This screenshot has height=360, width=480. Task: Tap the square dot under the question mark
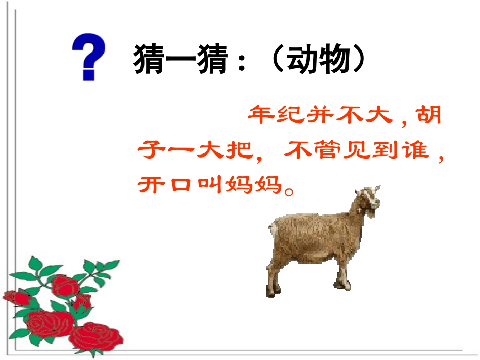click(x=89, y=75)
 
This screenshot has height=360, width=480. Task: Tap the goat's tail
click(x=272, y=232)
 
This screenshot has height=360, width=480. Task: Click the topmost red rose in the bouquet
click(x=65, y=285)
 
